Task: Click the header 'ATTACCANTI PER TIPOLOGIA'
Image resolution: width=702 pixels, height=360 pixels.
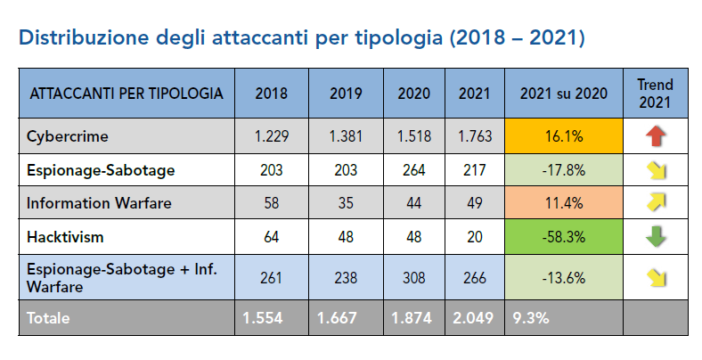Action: point(127,93)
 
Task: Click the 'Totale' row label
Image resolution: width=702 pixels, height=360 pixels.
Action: point(48,317)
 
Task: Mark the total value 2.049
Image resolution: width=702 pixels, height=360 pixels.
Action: point(474,317)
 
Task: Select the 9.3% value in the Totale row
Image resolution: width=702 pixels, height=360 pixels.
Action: point(527,317)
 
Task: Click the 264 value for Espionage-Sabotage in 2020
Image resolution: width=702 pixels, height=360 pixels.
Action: point(413,169)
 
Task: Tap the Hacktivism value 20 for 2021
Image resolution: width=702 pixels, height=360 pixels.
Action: point(474,237)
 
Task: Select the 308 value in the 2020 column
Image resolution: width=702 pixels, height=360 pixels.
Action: point(413,277)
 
